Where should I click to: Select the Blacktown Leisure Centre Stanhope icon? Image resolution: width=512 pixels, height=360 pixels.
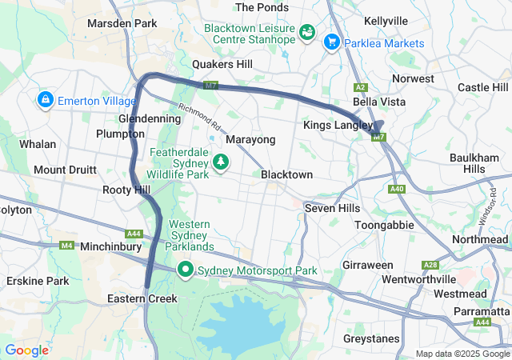306,32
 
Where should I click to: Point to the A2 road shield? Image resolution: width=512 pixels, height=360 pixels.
361,86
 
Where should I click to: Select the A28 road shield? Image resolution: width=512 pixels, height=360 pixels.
431,264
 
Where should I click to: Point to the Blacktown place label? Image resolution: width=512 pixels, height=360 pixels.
286,174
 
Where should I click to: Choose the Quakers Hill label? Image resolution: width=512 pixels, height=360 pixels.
222,64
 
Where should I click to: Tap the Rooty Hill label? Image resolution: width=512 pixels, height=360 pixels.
126,190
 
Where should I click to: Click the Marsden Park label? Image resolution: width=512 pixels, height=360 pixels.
122,24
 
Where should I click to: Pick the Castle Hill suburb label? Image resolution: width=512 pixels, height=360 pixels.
482,86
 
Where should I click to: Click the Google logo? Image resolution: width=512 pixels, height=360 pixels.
26,350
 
